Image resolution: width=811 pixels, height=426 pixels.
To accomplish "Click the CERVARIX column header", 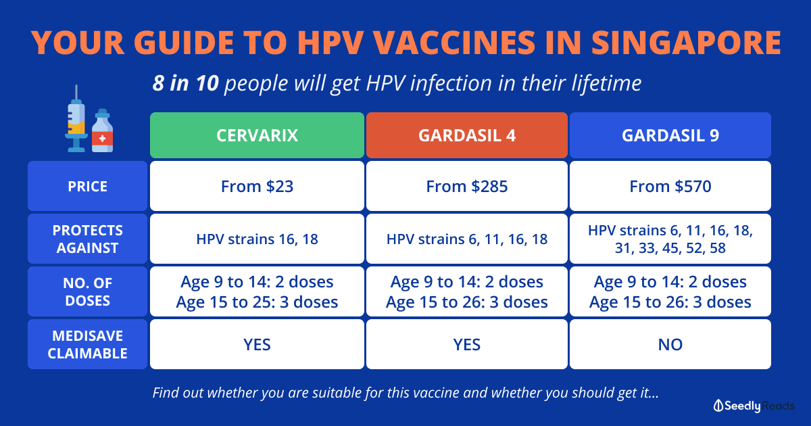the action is tap(257, 135).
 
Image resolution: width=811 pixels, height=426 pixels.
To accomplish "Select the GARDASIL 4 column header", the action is tap(467, 135).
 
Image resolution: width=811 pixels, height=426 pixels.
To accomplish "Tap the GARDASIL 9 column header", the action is tap(670, 135).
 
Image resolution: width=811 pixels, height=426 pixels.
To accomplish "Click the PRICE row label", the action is tap(88, 186).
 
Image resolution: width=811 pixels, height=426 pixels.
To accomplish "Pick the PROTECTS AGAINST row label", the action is tap(88, 239).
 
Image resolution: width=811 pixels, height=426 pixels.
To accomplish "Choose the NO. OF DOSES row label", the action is tap(88, 291).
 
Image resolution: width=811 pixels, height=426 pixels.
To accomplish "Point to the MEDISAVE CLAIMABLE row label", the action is tap(88, 344).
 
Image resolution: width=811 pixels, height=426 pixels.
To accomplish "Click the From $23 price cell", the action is tap(257, 186).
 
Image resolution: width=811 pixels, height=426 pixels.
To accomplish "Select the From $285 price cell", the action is tap(467, 186).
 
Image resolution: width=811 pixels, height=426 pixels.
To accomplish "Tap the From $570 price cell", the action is tap(670, 186).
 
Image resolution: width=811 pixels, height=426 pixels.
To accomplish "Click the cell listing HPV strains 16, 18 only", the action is tap(257, 239).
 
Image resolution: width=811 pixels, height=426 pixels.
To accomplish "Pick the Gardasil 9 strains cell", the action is tap(670, 239).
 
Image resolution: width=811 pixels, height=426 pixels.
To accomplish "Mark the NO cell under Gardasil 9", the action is tap(670, 344).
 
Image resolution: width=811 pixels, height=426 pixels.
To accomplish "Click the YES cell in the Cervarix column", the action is tap(257, 344).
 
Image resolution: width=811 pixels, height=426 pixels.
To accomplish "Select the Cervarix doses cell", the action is tap(257, 291).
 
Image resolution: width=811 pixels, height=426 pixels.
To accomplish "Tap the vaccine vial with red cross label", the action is tap(103, 131).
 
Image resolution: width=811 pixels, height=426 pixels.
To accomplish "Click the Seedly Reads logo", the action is tap(754, 406).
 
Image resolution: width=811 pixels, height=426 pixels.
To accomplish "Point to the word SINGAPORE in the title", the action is tap(687, 43).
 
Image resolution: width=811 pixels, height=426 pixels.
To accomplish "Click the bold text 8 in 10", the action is tap(185, 83).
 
